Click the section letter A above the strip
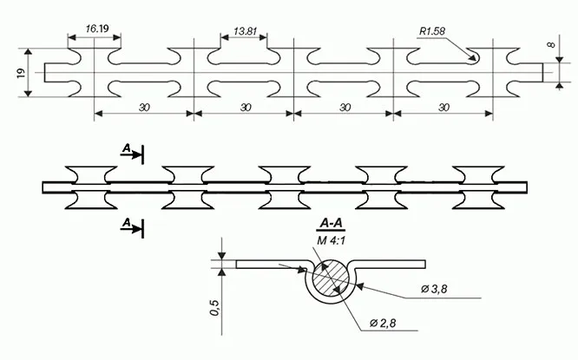coord(127,150)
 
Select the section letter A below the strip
coord(127,224)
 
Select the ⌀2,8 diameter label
coord(384,323)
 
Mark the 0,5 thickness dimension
coord(214,304)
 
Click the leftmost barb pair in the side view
coord(89,187)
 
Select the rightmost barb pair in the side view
coord(480,187)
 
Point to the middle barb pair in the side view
coord(285,187)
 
